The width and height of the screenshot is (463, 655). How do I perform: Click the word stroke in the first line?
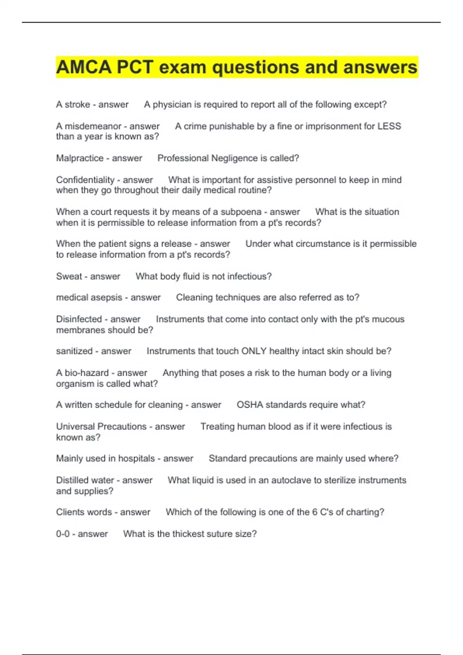(x=77, y=104)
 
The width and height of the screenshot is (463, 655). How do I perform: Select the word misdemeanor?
(x=93, y=126)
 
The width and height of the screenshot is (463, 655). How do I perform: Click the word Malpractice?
(x=80, y=158)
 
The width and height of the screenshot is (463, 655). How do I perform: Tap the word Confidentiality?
(x=85, y=180)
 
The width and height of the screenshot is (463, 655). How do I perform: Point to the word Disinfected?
(x=79, y=319)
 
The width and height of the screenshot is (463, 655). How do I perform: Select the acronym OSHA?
(x=250, y=405)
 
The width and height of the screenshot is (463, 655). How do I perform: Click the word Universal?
(x=76, y=426)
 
